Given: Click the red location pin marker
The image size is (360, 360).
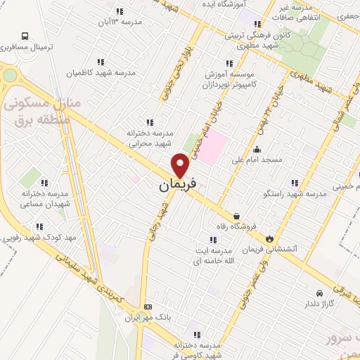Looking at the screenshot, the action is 181,165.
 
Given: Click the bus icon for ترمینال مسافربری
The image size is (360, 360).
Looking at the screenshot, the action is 26,35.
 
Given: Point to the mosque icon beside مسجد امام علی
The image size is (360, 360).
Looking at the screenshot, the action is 257,149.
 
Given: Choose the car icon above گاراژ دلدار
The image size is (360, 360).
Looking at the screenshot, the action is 319,292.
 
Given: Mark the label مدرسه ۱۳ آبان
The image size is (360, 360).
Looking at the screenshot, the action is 122,22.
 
